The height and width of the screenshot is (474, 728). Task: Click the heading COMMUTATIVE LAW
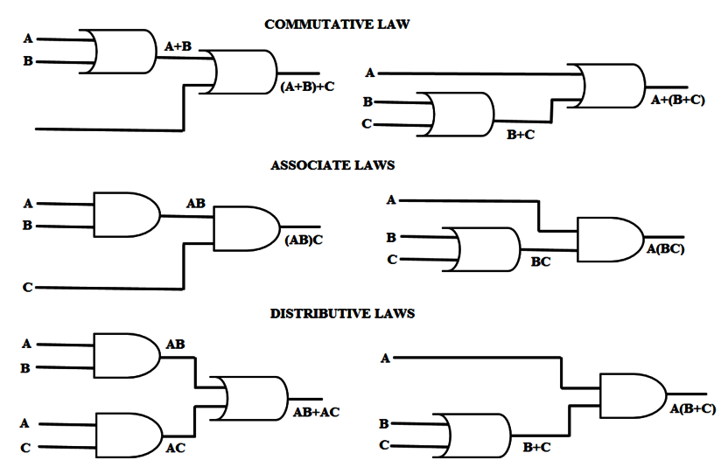pos(337,24)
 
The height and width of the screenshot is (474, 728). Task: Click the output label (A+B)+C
pos(307,87)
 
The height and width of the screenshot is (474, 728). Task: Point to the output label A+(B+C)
pos(677,101)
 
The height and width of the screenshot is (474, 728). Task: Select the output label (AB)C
pos(304,240)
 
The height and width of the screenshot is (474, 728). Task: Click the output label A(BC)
pos(665,249)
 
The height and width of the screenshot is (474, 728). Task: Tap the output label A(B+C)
pos(692,408)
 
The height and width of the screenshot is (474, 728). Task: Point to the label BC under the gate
pos(541,261)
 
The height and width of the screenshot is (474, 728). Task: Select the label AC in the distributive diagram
pos(175,448)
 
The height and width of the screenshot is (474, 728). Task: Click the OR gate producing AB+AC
pos(254,398)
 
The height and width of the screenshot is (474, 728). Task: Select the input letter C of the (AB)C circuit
pos(28,288)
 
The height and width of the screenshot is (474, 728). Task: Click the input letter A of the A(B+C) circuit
pos(386,357)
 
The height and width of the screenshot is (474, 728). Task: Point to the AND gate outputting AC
pos(127,435)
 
